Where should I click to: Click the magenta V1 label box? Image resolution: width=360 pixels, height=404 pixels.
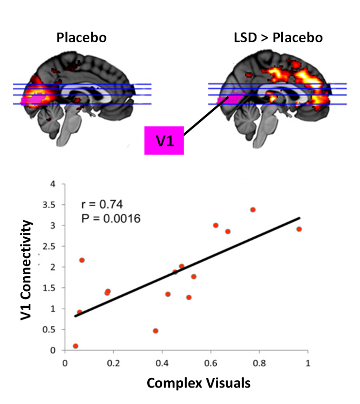tap(164, 141)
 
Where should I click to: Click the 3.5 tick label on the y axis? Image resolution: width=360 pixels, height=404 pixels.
tap(53, 205)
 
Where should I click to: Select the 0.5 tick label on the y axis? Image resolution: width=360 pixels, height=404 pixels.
tap(53, 330)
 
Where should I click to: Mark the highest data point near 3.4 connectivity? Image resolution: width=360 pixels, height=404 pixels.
tap(253, 210)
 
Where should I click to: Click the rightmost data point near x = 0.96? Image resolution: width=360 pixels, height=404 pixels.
tap(299, 229)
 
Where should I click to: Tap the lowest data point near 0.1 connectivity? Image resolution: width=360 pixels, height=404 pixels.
tap(75, 346)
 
